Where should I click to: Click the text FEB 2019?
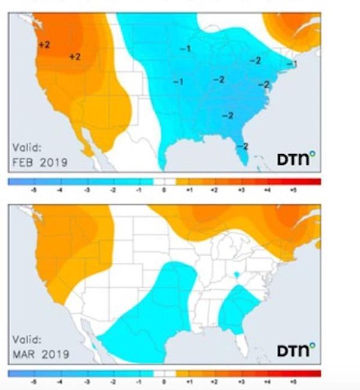40,162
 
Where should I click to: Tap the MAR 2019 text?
41,354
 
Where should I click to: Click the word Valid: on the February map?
27,148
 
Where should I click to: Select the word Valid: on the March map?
27,340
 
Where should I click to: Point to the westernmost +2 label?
44,44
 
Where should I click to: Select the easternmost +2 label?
75,56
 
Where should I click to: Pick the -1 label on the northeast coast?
292,64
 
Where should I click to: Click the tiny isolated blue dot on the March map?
238,275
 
